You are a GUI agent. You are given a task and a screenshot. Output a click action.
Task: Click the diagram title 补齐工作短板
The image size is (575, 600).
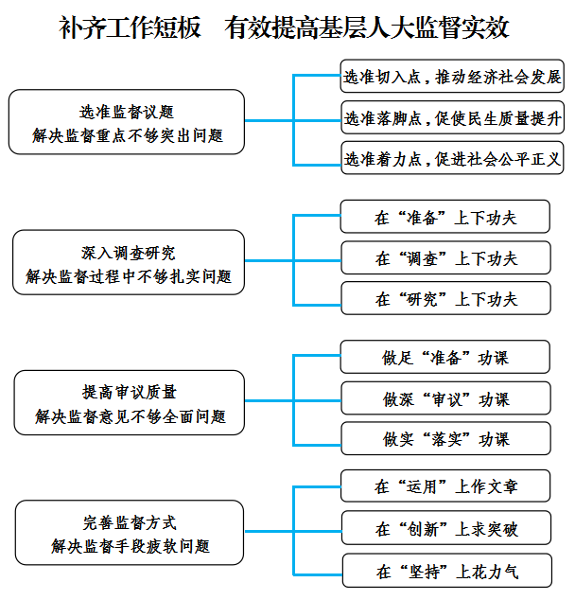130,27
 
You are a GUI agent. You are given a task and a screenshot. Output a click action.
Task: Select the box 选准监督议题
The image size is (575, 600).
127,122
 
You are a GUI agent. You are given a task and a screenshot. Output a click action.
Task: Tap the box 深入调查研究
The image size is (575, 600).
129,262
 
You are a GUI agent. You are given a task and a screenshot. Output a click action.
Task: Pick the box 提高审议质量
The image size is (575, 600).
130,402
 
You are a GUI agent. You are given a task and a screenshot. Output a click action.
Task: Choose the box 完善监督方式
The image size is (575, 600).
130,532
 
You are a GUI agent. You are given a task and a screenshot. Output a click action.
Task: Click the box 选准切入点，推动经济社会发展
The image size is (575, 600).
452,76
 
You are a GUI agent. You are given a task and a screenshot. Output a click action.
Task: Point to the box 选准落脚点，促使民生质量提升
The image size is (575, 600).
453,117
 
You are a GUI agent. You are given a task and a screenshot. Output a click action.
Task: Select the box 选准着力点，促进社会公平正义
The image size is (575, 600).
452,158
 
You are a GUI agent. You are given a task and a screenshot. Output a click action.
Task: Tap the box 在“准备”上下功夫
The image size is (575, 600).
445,216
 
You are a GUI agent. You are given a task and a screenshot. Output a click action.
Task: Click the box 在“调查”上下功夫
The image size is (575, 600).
445,257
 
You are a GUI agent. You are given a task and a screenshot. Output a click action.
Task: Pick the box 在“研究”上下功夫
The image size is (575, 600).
445,298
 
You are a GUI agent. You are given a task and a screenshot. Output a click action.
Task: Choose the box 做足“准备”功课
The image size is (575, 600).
445,357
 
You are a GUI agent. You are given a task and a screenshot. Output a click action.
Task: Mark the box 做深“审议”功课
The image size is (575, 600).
445,398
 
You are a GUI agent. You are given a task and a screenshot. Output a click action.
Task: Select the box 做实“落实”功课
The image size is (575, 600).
445,438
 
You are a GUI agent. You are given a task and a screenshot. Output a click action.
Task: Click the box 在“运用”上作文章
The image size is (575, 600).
445,486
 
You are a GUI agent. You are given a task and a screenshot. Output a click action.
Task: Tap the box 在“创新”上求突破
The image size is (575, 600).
446,528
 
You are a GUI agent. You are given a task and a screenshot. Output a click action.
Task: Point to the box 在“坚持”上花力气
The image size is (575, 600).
447,571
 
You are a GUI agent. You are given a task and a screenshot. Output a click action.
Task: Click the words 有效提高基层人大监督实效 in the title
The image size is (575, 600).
367,27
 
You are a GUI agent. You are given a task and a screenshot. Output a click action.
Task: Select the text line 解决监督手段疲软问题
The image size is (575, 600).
131,546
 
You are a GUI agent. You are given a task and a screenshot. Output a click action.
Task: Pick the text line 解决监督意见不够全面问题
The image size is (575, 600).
131,416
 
